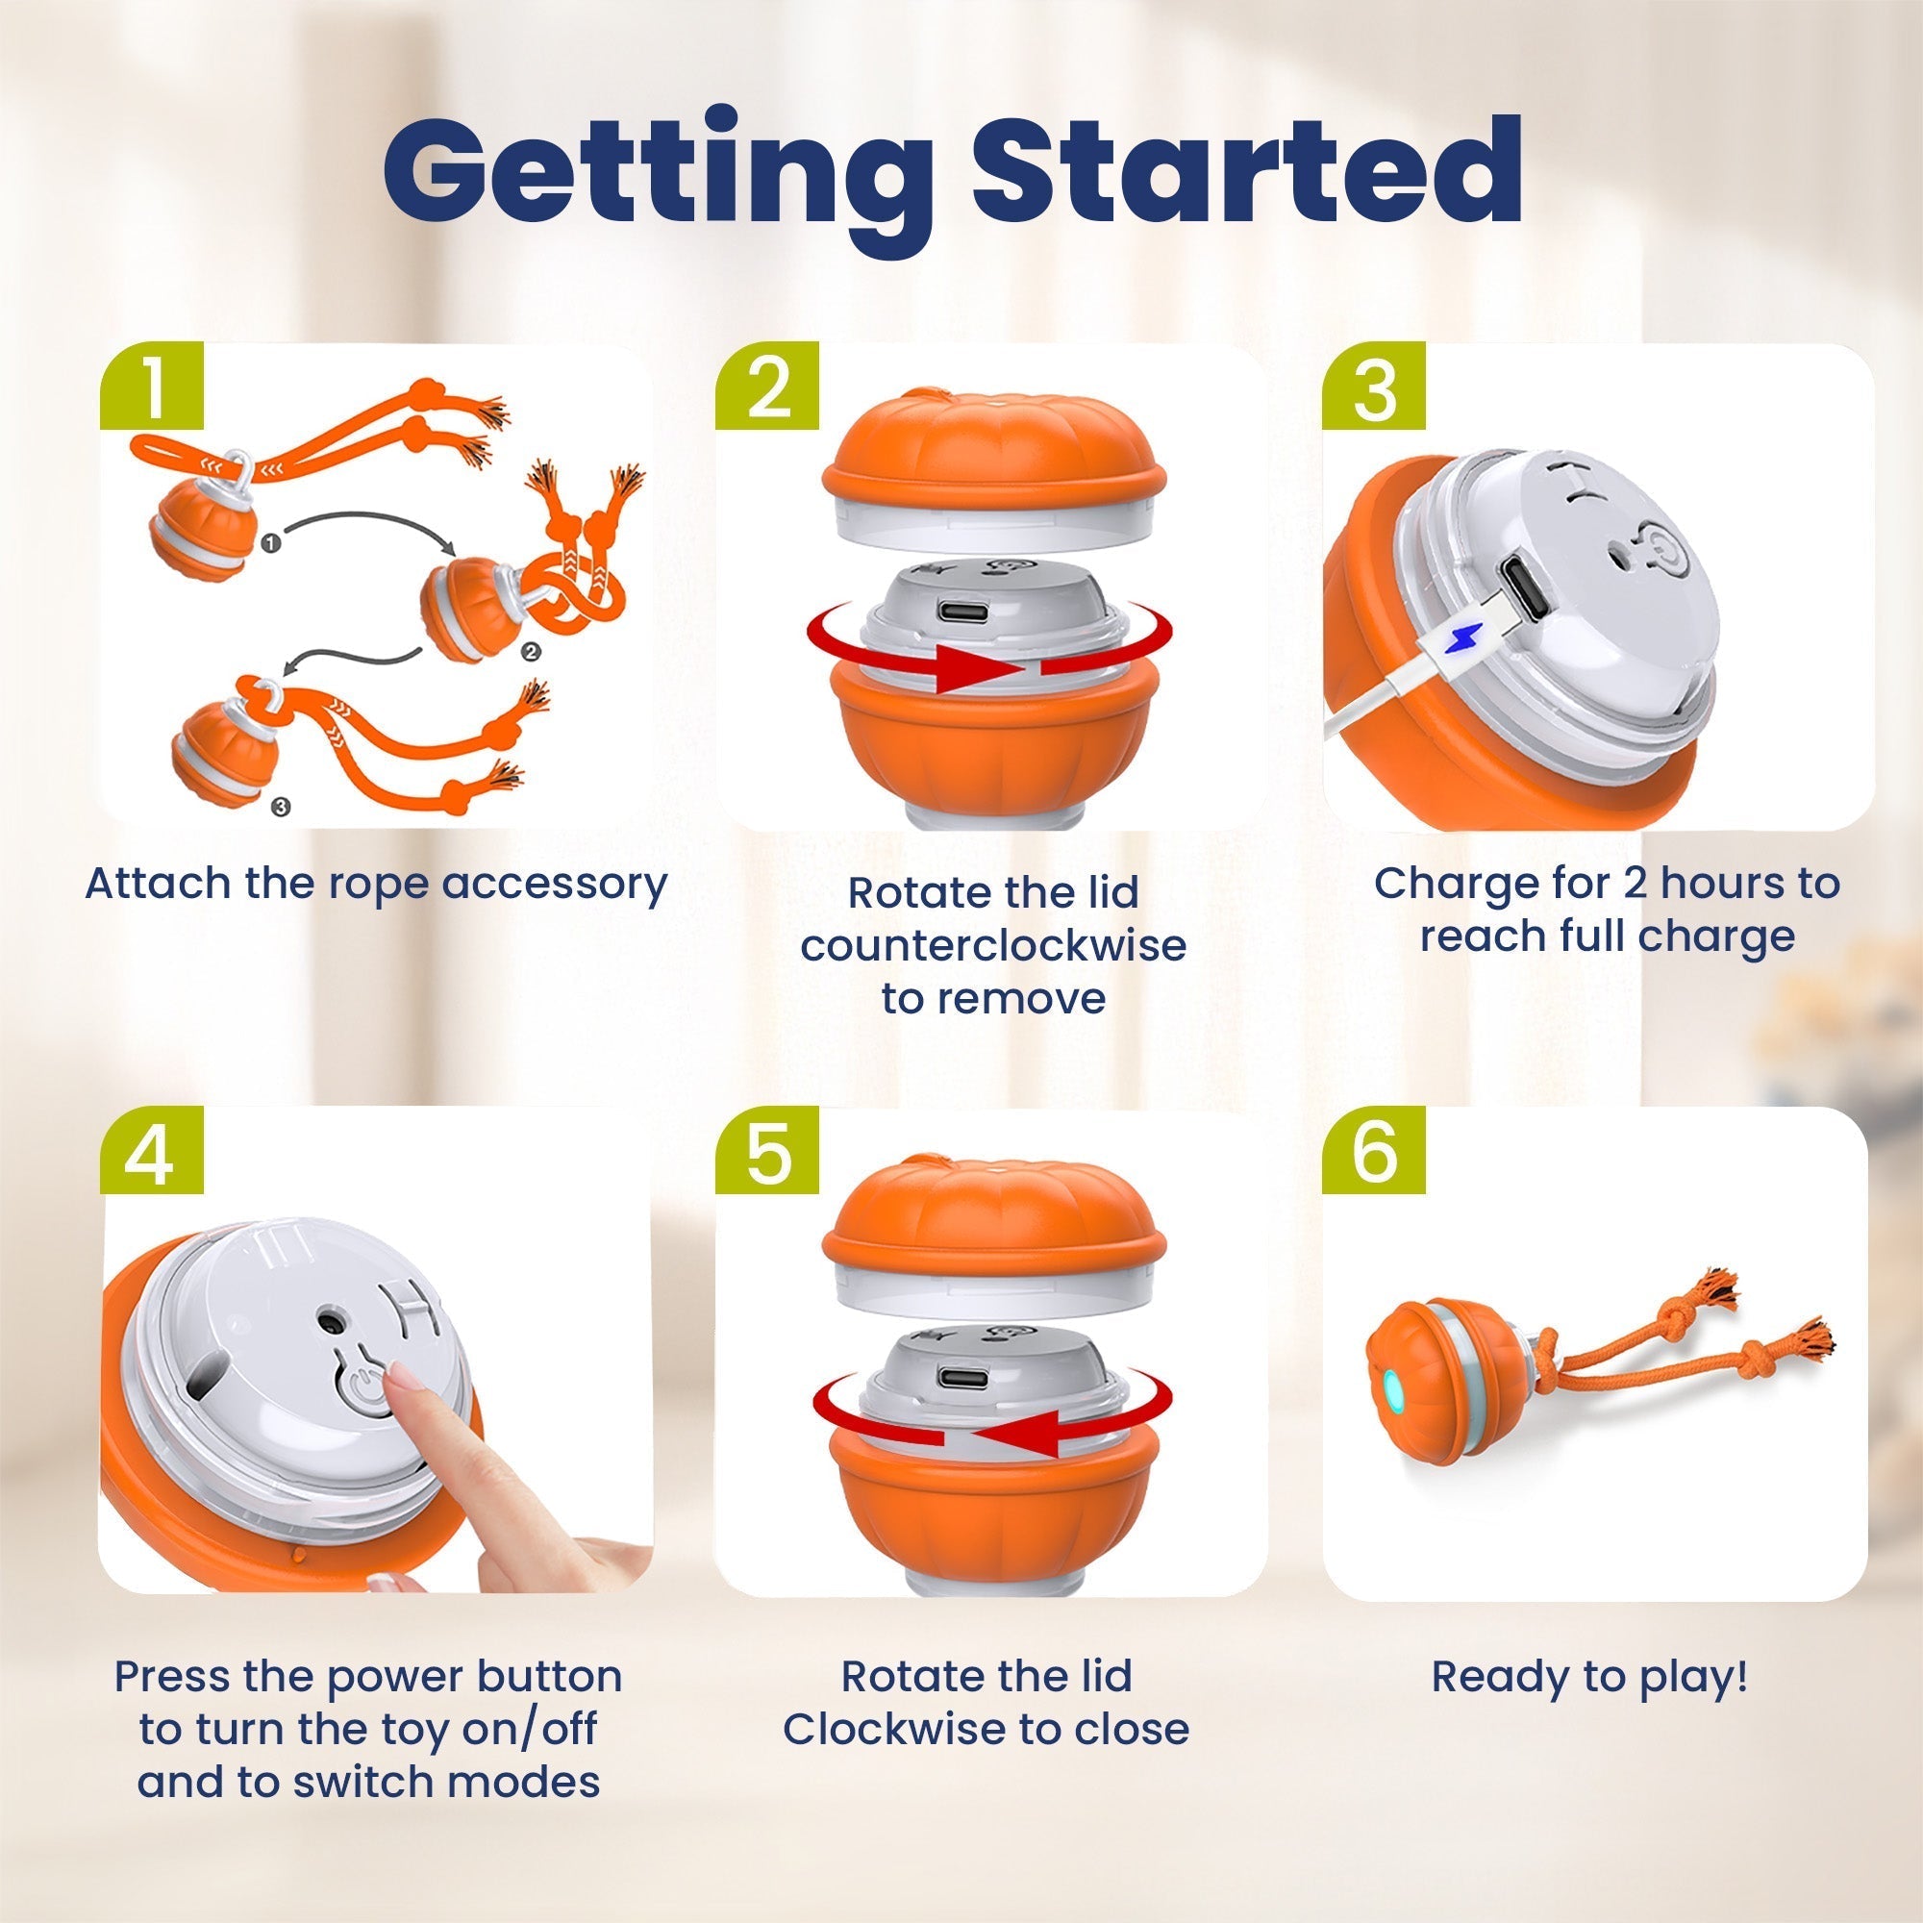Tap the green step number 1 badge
point(152,389)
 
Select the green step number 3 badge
point(1375,389)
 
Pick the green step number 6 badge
point(1375,1152)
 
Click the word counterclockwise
point(992,945)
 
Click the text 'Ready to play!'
point(1589,1676)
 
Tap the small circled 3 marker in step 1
point(281,808)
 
